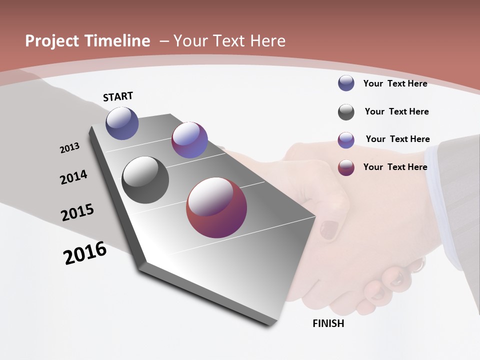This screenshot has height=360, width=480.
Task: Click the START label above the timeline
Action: pos(118,96)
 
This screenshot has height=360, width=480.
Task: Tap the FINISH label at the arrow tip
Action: pos(328,323)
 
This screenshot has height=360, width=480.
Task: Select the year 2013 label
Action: pos(70,148)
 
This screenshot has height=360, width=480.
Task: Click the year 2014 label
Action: pos(74,177)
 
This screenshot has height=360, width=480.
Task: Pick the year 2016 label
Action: pos(85,252)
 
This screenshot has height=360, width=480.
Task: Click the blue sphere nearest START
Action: pos(122,123)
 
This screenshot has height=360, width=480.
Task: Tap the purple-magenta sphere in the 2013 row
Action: pos(189,140)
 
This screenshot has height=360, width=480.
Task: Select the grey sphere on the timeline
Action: pos(145,180)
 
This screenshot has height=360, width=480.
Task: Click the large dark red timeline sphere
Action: pos(216,207)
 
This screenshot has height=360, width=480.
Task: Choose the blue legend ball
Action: pos(346,83)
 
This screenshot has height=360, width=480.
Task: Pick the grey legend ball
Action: pos(346,112)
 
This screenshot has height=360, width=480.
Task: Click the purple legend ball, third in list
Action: pos(346,140)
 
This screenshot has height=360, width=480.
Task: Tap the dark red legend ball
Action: pos(346,167)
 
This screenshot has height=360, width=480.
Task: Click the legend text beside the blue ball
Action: pos(395,83)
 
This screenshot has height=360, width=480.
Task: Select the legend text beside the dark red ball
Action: pos(395,167)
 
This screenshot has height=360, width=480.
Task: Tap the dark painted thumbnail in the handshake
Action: pos(328,229)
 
